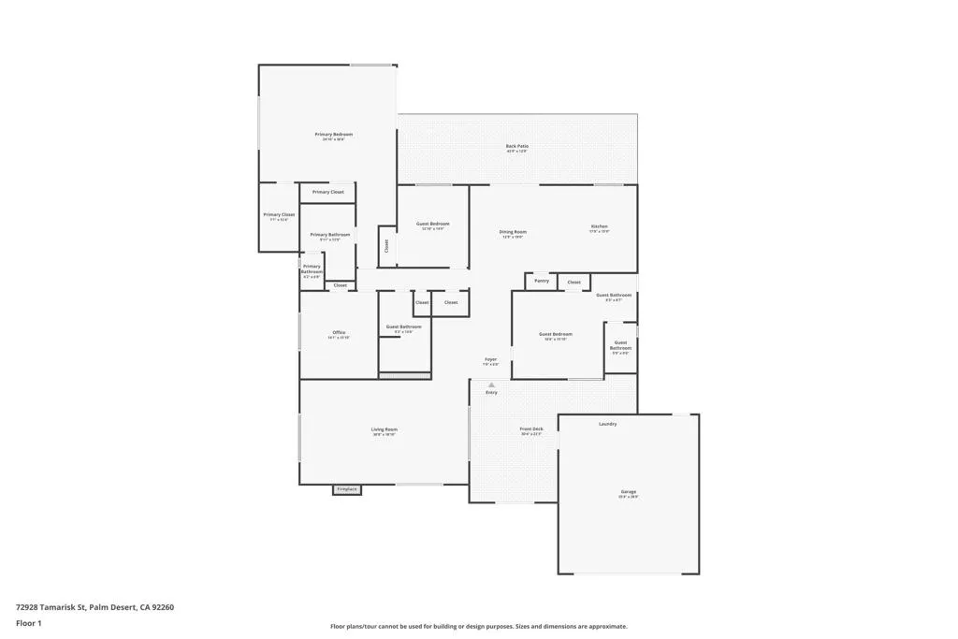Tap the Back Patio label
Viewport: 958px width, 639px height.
tap(516, 147)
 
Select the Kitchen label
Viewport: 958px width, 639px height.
tap(599, 227)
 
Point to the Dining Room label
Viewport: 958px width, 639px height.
tap(513, 233)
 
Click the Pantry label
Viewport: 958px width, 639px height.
tap(542, 281)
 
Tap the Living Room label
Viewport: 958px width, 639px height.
tap(385, 430)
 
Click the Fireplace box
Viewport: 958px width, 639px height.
tap(347, 489)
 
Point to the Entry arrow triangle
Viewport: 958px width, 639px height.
tap(491, 385)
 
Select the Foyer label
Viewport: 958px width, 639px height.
tap(490, 360)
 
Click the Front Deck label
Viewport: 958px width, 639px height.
tap(530, 430)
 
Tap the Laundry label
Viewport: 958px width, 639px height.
tap(607, 424)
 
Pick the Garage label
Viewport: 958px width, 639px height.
tap(628, 493)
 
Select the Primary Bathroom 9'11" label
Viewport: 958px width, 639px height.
tap(330, 236)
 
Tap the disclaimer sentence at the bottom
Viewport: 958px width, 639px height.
tap(478, 627)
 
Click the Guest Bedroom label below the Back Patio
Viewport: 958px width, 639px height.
tap(433, 225)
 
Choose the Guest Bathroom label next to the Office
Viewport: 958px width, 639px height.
tap(404, 327)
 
